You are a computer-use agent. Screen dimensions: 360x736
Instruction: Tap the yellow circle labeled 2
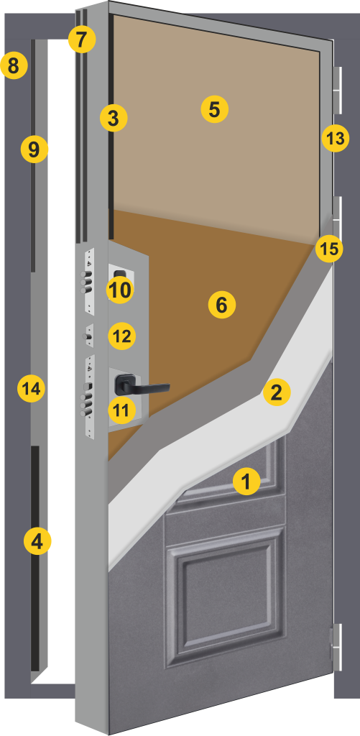click(x=277, y=392)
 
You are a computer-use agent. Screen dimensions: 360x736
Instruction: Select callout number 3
click(x=114, y=119)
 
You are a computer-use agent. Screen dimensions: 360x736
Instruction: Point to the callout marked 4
click(x=37, y=542)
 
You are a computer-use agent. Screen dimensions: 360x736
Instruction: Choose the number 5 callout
click(x=215, y=109)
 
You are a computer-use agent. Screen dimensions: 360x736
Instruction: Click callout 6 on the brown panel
click(x=221, y=305)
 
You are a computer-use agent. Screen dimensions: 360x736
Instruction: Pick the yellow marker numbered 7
click(x=82, y=40)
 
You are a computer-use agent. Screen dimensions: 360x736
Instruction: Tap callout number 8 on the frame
click(x=14, y=65)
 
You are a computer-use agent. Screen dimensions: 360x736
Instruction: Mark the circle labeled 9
click(x=34, y=149)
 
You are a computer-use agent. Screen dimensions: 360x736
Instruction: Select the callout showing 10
click(x=120, y=290)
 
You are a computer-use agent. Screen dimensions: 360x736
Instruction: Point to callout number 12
click(x=122, y=336)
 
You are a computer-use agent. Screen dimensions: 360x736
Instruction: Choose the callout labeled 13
click(x=336, y=139)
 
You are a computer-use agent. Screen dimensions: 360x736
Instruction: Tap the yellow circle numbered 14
click(x=31, y=389)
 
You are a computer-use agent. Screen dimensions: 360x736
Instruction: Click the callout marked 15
click(x=329, y=249)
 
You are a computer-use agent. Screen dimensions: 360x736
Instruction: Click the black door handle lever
click(x=142, y=385)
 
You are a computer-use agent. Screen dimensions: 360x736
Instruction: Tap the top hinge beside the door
click(x=338, y=90)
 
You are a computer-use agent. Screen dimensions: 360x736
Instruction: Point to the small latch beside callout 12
click(x=88, y=336)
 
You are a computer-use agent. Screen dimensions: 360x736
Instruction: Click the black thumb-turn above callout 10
click(x=121, y=274)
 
